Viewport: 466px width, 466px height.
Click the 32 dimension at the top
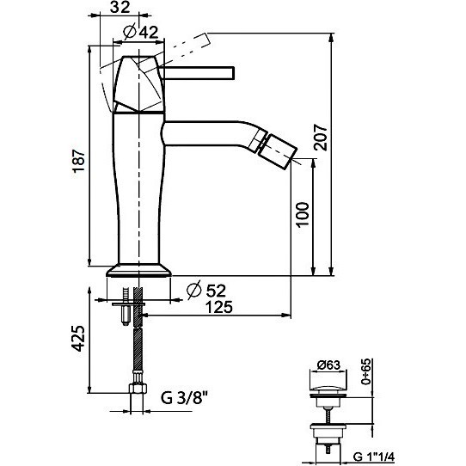[x=120, y=7]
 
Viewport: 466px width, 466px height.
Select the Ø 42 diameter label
[x=141, y=32]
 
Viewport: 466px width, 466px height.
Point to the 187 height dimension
[x=79, y=161]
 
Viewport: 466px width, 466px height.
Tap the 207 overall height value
[x=321, y=138]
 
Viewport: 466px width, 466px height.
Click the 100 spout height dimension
[x=303, y=214]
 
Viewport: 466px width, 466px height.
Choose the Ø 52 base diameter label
[x=206, y=290]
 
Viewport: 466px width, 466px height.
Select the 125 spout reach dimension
[x=218, y=307]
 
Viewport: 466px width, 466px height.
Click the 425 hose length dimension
[x=78, y=339]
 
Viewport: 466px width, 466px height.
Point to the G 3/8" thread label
[x=184, y=397]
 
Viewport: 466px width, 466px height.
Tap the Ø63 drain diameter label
[x=328, y=365]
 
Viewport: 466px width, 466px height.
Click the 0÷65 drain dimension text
[x=366, y=371]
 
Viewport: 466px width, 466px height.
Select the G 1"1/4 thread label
[x=373, y=457]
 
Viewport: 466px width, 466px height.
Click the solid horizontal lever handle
[x=197, y=73]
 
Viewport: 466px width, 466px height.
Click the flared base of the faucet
[x=139, y=270]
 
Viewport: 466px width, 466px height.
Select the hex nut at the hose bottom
[x=138, y=389]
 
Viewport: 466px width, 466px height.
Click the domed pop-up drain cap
[x=328, y=390]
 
